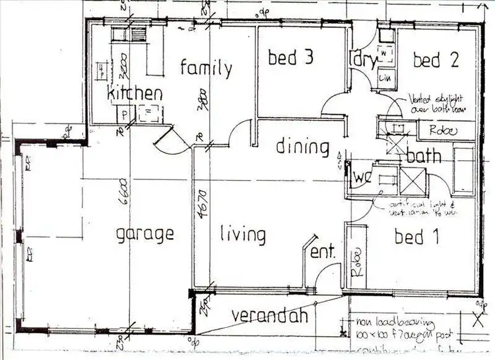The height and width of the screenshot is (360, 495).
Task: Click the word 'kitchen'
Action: (x=135, y=93)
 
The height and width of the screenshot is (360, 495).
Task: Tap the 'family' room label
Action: (x=206, y=67)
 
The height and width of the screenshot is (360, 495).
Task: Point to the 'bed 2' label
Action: (x=436, y=60)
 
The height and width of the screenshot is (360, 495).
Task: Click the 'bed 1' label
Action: (x=416, y=236)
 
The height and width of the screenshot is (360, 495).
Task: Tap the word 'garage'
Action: (x=145, y=233)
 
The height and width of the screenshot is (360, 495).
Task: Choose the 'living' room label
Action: (x=242, y=234)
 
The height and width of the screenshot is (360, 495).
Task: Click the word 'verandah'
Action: (x=269, y=316)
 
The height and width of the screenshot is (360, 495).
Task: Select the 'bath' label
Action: (x=424, y=157)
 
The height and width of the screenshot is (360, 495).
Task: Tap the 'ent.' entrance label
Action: (x=323, y=251)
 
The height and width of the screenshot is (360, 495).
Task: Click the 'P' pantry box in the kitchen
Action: (x=123, y=113)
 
